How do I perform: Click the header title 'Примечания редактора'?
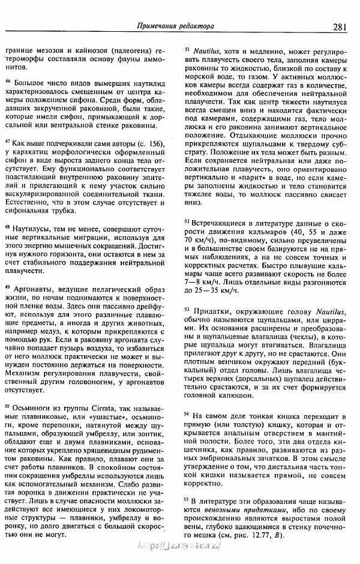pyautogui.click(x=176, y=26)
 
